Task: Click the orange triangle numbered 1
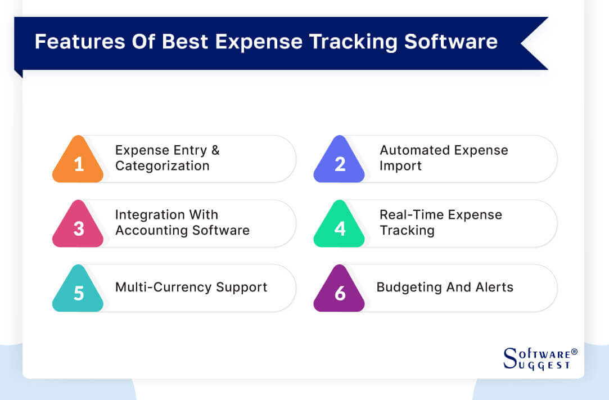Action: click(78, 163)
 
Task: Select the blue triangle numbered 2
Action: click(339, 163)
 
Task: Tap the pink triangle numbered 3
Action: click(78, 227)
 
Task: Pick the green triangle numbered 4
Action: click(339, 227)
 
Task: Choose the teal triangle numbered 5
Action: click(78, 291)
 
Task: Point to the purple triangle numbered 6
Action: click(339, 291)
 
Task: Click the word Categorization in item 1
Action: click(162, 166)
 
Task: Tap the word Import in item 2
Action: click(400, 166)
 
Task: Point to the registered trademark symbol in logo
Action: click(574, 352)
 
